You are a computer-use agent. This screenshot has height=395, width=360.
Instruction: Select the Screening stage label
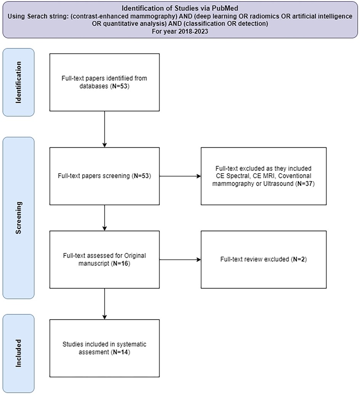(x=18, y=217)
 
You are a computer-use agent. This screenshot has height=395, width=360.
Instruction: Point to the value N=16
(x=122, y=263)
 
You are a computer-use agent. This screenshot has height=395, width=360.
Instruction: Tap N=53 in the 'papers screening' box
(x=142, y=177)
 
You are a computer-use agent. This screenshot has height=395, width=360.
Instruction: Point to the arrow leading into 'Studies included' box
(x=104, y=304)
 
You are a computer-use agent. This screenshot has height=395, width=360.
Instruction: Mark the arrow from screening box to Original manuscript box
(x=104, y=217)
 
